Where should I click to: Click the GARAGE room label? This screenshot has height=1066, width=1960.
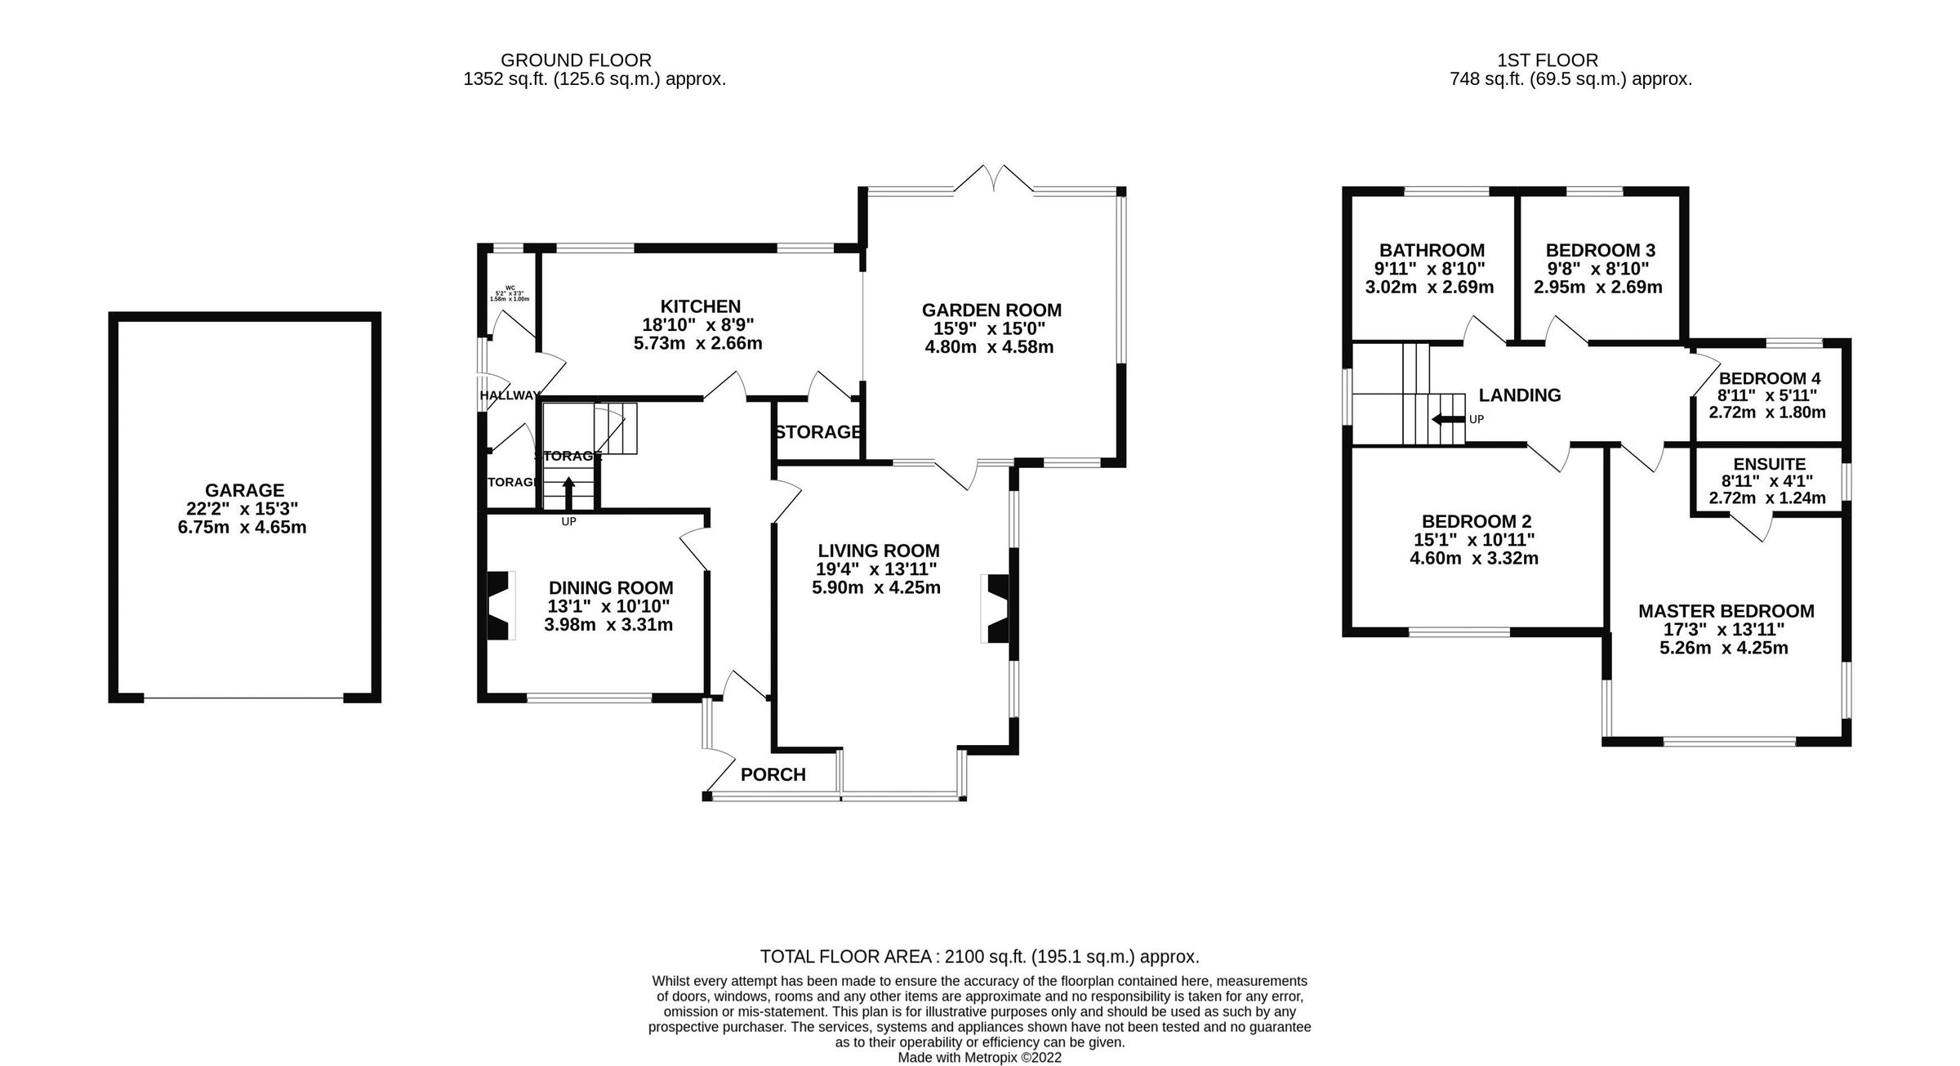click(244, 490)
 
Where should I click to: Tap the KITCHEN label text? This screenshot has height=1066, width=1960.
click(700, 306)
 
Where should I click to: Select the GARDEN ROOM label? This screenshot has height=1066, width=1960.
click(991, 310)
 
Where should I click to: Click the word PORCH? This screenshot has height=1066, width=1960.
click(773, 774)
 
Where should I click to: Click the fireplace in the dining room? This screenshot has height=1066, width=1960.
click(498, 605)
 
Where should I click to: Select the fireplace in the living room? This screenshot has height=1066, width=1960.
click(998, 609)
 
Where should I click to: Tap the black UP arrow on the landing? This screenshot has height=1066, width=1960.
click(1447, 420)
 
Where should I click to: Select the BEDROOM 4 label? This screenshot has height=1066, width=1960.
click(1770, 378)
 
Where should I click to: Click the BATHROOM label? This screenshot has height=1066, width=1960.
click(1432, 251)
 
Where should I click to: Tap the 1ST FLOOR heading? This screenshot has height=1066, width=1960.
click(1547, 60)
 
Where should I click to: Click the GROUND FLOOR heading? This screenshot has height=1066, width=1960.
click(576, 60)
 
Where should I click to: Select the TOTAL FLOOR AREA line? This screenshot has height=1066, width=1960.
click(979, 957)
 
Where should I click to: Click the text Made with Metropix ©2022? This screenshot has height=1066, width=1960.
click(979, 1057)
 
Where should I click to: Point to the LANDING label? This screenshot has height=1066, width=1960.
click(1519, 395)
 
